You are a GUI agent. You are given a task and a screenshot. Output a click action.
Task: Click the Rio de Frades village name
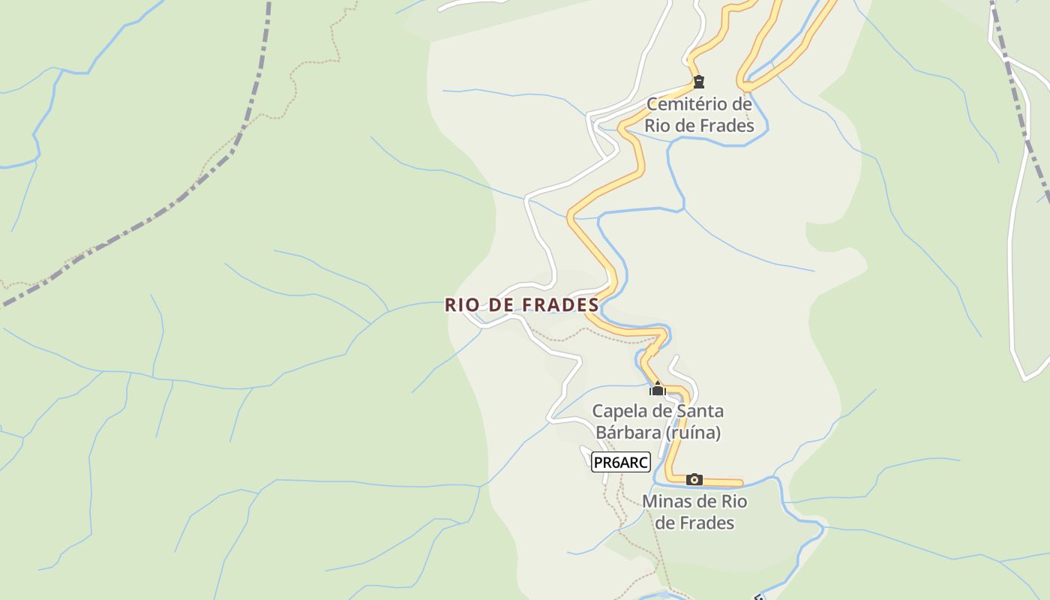coord(522,304)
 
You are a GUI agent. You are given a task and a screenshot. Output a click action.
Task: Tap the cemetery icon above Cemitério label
coord(699,82)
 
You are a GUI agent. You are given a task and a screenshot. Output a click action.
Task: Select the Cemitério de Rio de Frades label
coord(699,114)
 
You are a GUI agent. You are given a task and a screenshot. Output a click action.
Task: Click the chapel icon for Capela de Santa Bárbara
coord(658,388)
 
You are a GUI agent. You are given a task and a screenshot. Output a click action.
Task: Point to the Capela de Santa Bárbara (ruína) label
coord(658,421)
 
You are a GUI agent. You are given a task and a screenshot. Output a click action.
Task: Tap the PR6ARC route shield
coord(620,462)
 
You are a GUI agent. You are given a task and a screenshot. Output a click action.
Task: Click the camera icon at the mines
coord(694,479)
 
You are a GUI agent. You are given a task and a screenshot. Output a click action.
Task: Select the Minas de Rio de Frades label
coord(694,511)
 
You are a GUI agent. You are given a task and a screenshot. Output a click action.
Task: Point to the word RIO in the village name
coord(461,304)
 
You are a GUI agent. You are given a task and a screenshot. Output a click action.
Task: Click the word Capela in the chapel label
coord(617,411)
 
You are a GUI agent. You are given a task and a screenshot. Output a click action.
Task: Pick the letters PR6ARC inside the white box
coord(620,462)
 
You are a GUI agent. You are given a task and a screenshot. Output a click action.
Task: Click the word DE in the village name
coord(500,304)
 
